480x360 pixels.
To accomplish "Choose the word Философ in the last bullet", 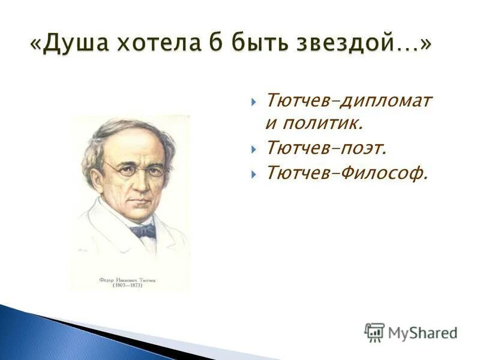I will pyautogui.click(x=385, y=173).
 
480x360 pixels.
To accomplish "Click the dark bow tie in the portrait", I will pyautogui.click(x=143, y=231).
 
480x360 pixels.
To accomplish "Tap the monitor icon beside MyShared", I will pyautogui.click(x=374, y=332).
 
